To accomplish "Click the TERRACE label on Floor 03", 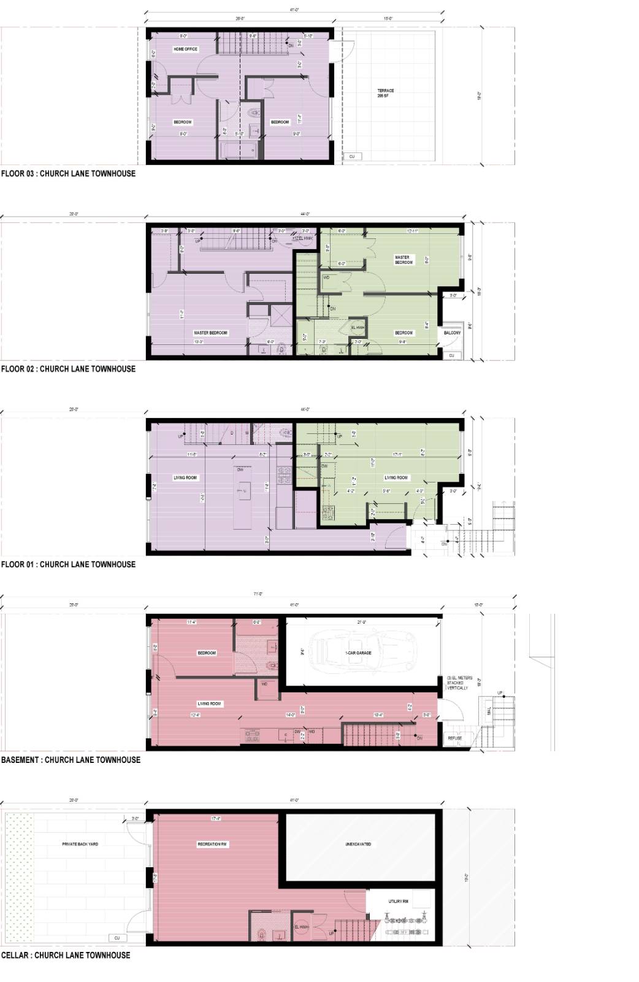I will [386, 93].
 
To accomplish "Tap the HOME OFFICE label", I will [186, 49].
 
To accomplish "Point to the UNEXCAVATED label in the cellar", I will [358, 844].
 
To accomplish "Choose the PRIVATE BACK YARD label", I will [80, 844].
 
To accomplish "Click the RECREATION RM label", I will [213, 844].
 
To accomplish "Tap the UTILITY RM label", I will [399, 902].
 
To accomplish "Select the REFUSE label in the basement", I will [454, 738].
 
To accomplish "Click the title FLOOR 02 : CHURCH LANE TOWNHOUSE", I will [68, 369].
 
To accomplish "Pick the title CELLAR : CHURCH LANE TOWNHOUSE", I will [66, 955].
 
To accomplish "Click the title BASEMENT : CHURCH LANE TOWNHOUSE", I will [71, 759].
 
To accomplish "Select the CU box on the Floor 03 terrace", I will [352, 157].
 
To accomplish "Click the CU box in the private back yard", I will [117, 938].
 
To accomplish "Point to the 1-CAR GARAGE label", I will [359, 653].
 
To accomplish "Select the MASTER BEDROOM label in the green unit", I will [404, 260].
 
